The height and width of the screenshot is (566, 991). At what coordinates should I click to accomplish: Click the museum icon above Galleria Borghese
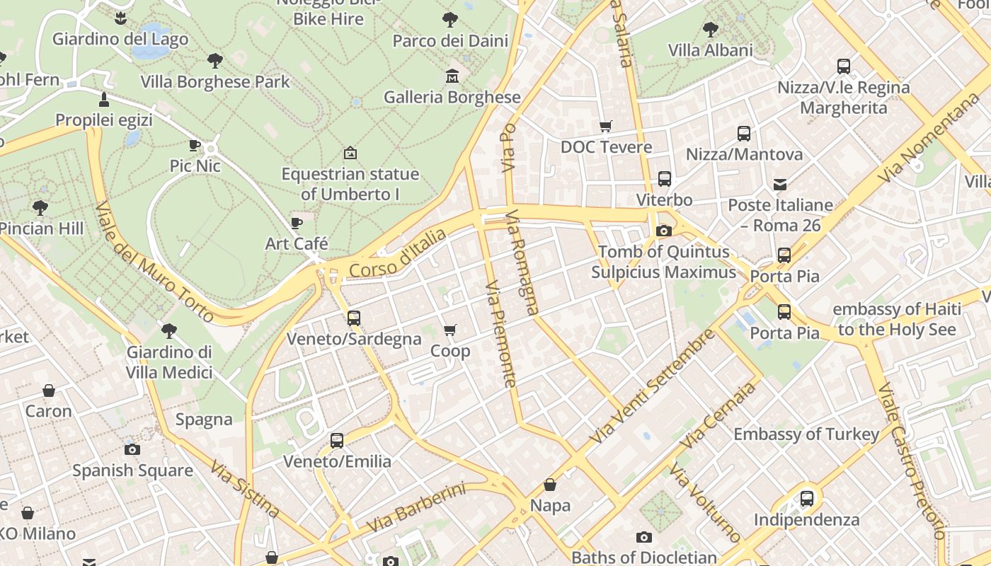coord(452,76)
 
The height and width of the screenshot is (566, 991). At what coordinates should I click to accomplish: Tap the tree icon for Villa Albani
coord(710,30)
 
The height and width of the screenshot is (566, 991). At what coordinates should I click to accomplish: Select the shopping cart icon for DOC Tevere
coord(605,126)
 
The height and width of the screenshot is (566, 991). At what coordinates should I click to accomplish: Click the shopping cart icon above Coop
coord(449,330)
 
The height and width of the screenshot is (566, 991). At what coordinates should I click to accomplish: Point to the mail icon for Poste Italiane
coord(780,184)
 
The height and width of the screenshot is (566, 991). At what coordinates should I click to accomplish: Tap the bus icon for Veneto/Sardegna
coord(354,318)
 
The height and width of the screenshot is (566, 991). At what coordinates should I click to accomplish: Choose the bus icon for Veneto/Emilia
coord(337,440)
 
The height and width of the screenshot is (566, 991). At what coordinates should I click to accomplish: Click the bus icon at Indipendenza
coord(806,498)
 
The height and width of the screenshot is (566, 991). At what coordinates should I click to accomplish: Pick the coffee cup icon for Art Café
coord(297,223)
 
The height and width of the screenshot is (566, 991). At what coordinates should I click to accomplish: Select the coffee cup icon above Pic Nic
coord(195,145)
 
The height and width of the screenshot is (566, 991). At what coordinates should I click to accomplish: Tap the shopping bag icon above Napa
coord(550,485)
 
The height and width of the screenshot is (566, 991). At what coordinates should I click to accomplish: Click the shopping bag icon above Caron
coord(49,390)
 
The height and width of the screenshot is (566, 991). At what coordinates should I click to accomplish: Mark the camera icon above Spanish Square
coord(132,449)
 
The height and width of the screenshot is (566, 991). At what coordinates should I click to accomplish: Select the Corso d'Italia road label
coord(398,253)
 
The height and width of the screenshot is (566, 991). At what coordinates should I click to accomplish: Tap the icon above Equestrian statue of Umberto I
coord(350,153)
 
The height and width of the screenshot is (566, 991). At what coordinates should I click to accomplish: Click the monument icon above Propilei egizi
coord(104,99)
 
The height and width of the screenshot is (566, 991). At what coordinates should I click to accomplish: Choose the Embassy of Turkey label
coord(806,434)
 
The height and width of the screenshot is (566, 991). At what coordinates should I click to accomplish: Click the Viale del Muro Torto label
coord(154,261)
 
